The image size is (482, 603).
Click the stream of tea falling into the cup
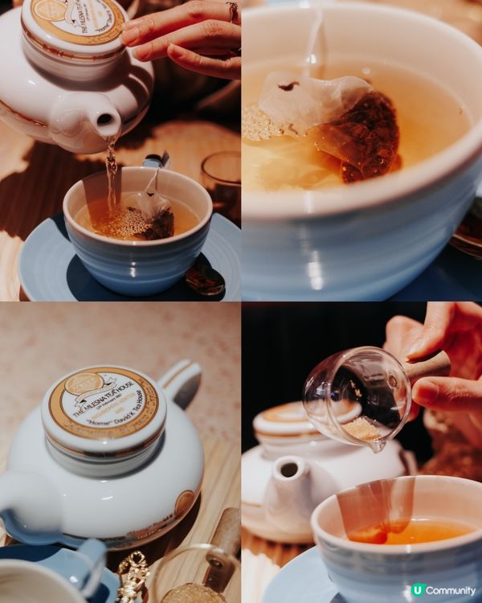(x=111, y=173)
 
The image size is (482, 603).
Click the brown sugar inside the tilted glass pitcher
(x=364, y=429)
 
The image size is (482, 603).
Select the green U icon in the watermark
(x=417, y=591)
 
